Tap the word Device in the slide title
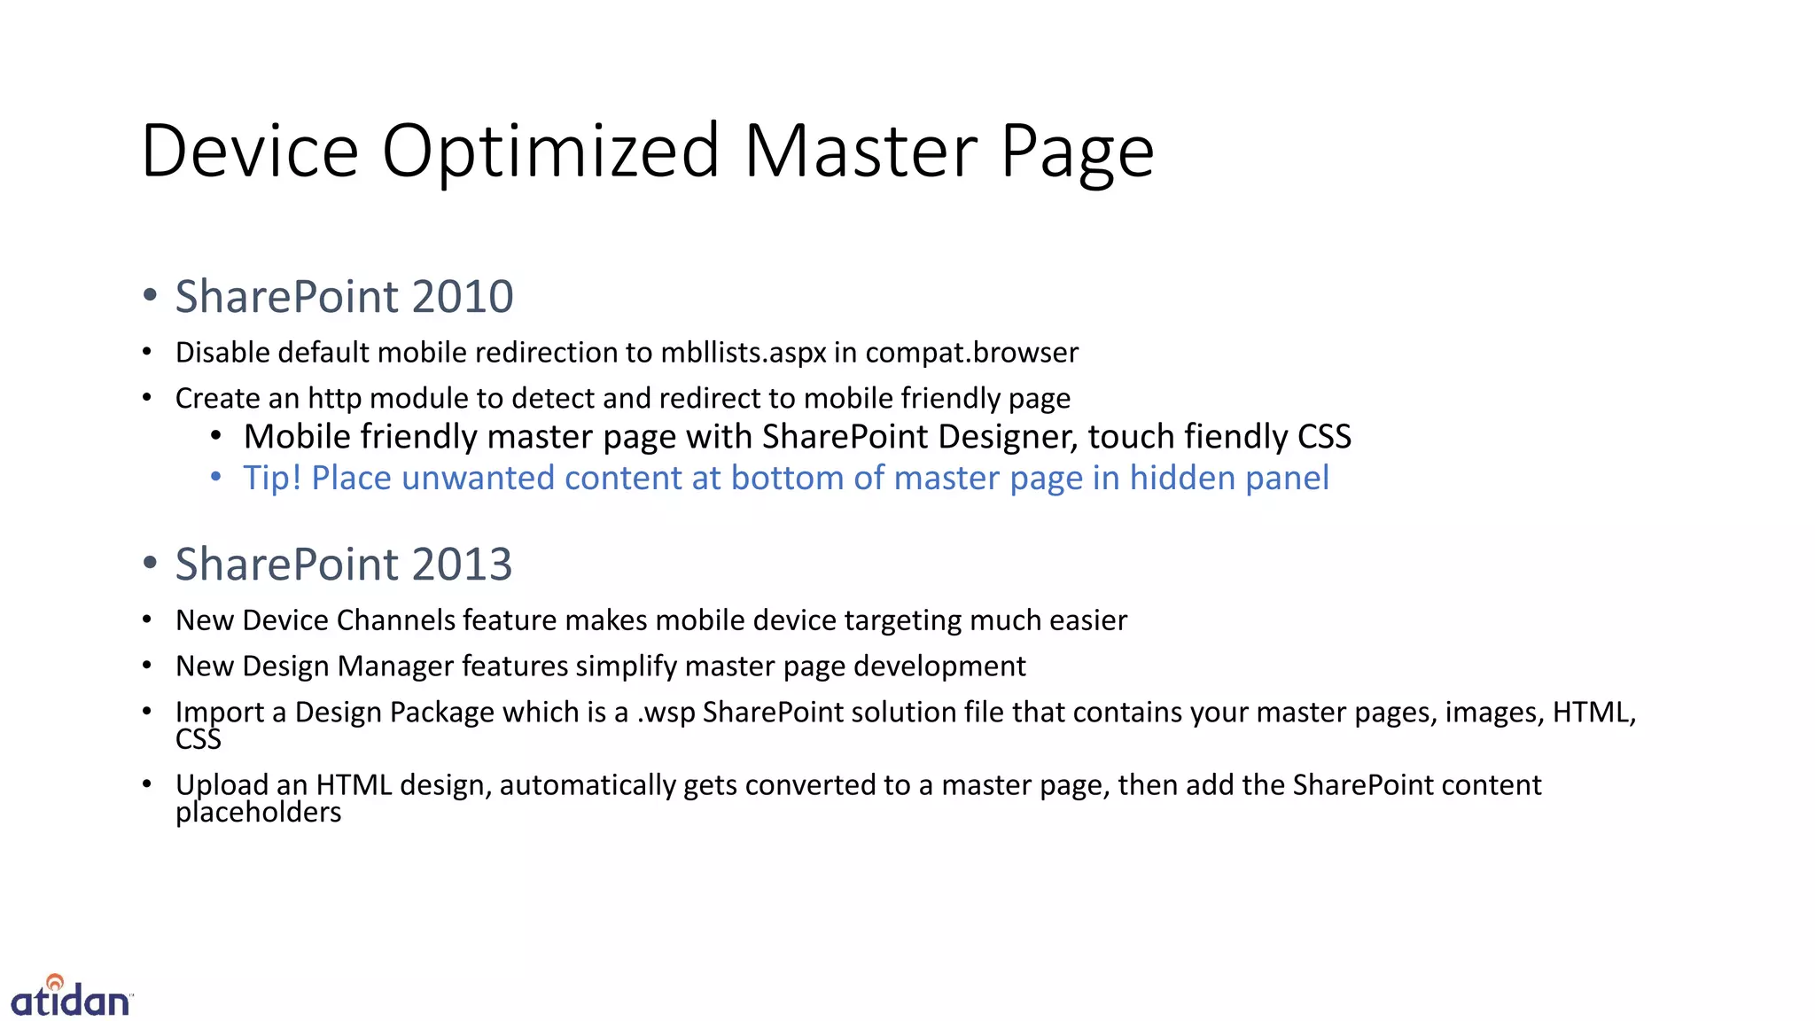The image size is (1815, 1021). [249, 151]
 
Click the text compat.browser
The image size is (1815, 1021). [971, 353]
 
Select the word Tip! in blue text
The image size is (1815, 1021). [272, 478]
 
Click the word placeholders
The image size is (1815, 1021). [258, 813]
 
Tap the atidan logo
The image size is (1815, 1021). [71, 996]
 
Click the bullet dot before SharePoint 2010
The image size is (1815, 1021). [150, 295]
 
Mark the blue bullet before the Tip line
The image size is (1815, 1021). [215, 478]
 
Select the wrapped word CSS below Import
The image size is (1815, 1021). [198, 739]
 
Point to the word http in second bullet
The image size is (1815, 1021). [334, 399]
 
